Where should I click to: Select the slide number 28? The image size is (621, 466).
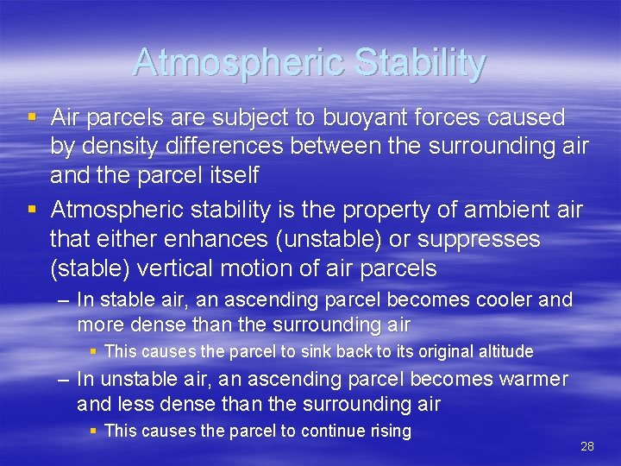587,446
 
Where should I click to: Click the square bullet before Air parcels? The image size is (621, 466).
32,117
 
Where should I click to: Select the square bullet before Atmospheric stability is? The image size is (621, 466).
32,210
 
